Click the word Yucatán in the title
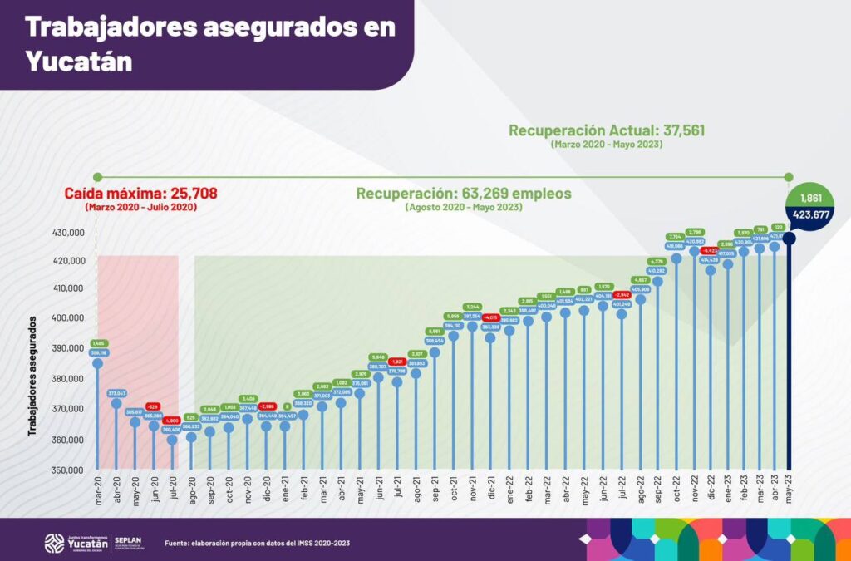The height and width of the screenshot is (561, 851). [79, 61]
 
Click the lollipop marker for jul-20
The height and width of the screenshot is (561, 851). [172, 440]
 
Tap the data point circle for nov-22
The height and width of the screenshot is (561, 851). [694, 251]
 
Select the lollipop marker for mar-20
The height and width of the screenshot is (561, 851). [97, 363]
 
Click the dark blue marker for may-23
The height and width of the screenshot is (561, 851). [790, 239]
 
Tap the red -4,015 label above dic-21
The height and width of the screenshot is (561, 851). [490, 317]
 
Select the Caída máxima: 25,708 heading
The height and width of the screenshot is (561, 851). [141, 194]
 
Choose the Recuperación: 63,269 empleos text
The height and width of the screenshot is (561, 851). [465, 194]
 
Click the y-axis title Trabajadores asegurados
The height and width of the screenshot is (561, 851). [34, 375]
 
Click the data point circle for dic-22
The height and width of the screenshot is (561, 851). [711, 270]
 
